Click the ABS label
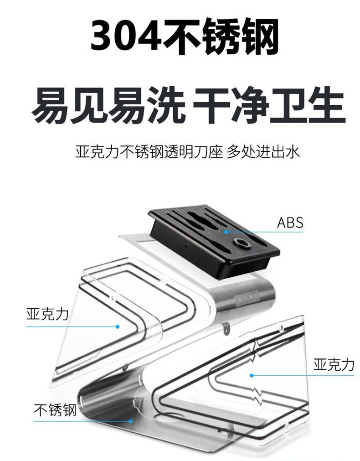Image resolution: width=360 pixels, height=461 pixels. click(x=290, y=223)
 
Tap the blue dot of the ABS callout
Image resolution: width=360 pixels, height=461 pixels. click(x=226, y=232)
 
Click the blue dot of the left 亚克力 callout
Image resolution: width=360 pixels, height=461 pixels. click(x=118, y=326)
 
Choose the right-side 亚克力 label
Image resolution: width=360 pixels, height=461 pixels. click(x=334, y=364)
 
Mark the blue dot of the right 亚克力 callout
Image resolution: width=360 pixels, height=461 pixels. click(x=251, y=376)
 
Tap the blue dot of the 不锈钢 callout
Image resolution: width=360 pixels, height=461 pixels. click(x=131, y=421)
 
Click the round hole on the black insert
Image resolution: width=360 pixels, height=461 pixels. click(x=240, y=243)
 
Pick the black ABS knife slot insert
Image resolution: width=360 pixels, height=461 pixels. click(x=214, y=237)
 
